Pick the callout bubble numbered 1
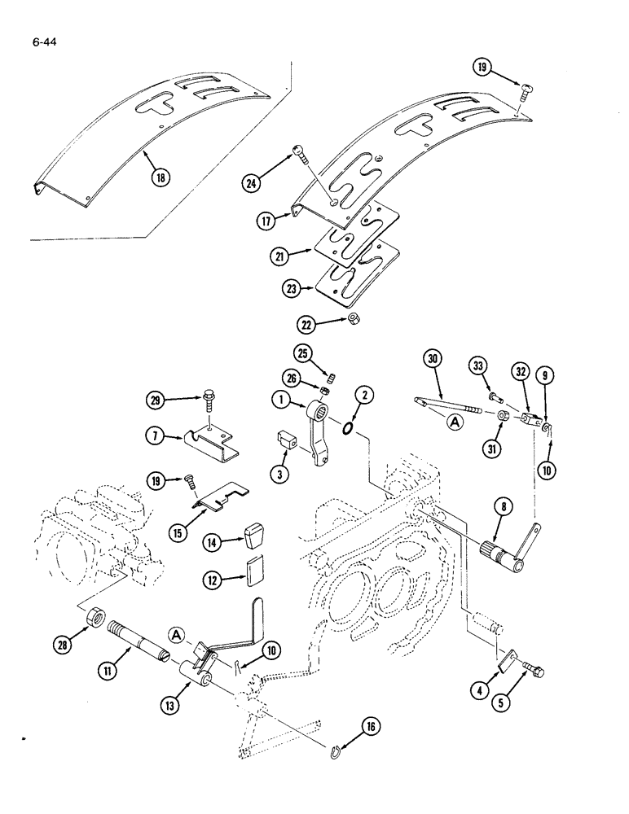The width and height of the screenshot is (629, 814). click(x=279, y=400)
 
